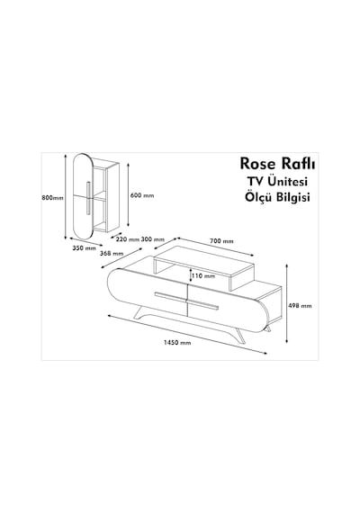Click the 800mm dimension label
(53, 198)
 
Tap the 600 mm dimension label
(142, 195)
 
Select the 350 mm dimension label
(84, 248)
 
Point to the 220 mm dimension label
(128, 239)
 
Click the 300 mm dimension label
(152, 239)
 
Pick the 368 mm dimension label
(112, 253)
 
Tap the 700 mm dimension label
(221, 241)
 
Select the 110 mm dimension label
(203, 275)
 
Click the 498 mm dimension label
(300, 306)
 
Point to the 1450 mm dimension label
(177, 343)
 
